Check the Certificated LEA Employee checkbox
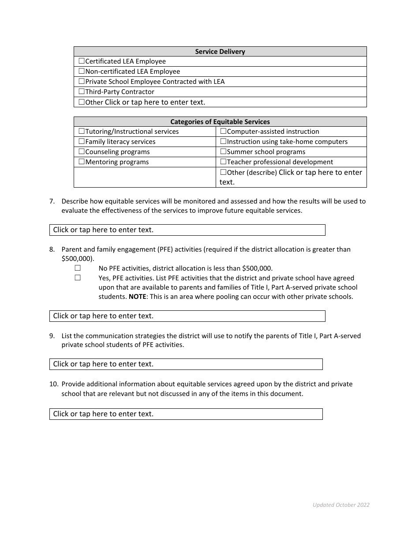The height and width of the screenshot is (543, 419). (82, 61)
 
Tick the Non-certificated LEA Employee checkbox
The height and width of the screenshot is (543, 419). (82, 72)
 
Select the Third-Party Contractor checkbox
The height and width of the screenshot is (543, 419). (82, 92)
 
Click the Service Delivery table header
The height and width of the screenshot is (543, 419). (220, 52)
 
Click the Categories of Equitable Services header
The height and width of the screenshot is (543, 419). (220, 122)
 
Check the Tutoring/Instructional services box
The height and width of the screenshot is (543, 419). (82, 132)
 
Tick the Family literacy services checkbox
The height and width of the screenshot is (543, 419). (82, 142)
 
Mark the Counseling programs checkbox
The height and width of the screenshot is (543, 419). (82, 152)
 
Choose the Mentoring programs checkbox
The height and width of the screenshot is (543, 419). (82, 162)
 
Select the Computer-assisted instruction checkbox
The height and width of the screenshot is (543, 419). (223, 132)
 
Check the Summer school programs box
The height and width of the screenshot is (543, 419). (223, 152)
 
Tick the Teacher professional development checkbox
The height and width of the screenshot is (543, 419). (223, 162)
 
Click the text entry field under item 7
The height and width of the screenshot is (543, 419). (187, 230)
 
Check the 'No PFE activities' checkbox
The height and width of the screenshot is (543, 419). (78, 268)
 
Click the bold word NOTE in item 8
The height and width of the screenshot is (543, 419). (137, 297)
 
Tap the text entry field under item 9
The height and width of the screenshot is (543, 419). (186, 364)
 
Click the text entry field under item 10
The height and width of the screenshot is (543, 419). (186, 414)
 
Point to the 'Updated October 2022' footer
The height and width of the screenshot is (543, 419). (341, 505)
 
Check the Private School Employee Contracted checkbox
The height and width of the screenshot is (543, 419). (82, 82)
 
